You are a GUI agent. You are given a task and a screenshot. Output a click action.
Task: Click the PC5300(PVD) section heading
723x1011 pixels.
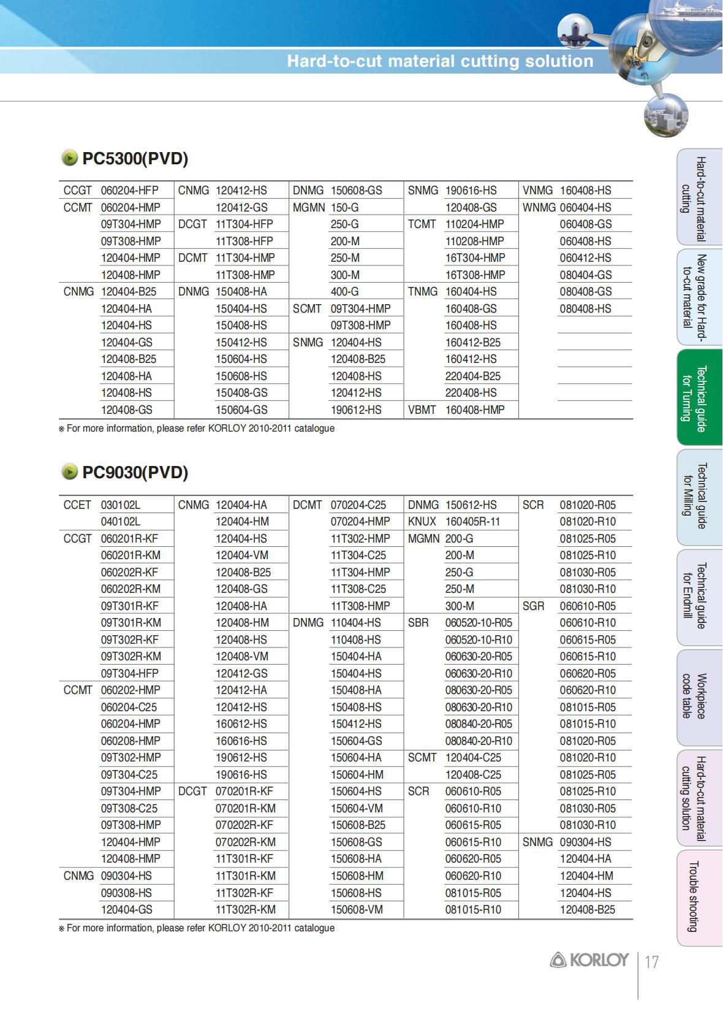click(135, 159)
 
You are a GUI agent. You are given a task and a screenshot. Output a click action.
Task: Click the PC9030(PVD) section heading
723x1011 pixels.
click(135, 473)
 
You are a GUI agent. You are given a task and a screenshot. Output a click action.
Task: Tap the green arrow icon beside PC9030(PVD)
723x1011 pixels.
click(69, 472)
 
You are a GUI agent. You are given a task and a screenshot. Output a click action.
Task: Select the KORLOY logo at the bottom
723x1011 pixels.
click(589, 960)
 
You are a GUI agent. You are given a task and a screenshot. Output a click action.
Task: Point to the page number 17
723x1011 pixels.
click(651, 962)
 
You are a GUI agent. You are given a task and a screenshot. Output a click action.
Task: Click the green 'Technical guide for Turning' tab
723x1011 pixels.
click(699, 398)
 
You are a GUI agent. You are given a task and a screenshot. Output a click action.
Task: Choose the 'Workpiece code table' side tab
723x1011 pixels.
click(699, 696)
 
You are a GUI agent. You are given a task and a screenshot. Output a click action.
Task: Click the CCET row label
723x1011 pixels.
click(77, 505)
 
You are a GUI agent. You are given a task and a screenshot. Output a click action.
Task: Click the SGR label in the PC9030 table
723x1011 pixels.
click(533, 606)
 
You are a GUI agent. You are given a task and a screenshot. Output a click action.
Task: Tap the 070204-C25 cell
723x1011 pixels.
click(358, 505)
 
